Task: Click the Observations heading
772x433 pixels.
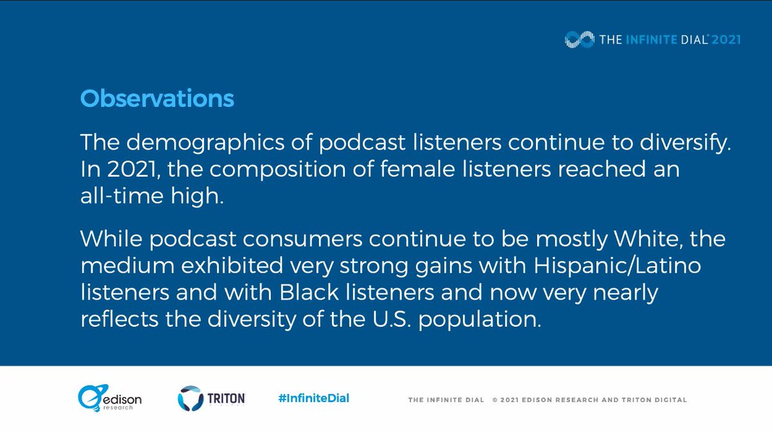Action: coord(157,99)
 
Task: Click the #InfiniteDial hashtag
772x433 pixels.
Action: coord(314,398)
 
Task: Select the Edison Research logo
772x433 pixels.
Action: coord(109,399)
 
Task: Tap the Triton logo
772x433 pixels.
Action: coord(211,398)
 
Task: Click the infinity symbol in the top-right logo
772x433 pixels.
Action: coord(579,39)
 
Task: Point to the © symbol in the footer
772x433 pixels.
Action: coord(495,400)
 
